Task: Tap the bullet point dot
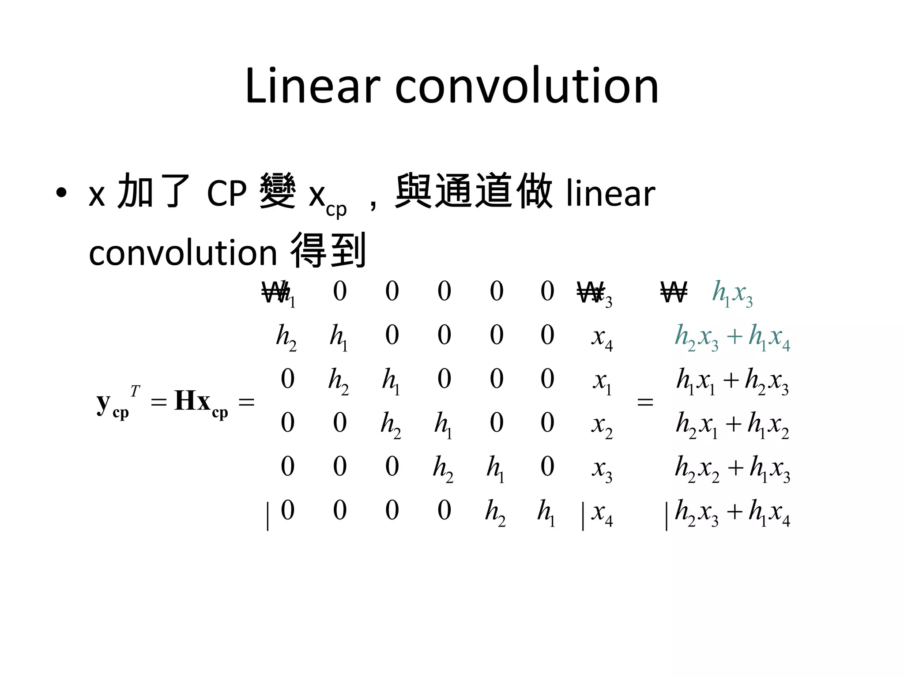[61, 193]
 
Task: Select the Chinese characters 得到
[328, 251]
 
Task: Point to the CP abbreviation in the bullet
[226, 193]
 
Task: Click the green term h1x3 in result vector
[732, 293]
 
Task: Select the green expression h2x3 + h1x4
[732, 337]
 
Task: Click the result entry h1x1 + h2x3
[732, 380]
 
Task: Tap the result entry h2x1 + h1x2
[732, 425]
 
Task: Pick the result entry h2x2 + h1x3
[732, 468]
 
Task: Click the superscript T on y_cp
[135, 391]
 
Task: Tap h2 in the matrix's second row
[286, 337]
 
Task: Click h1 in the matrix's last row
[546, 512]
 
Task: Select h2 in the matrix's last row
[495, 512]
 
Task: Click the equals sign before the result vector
[645, 402]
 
